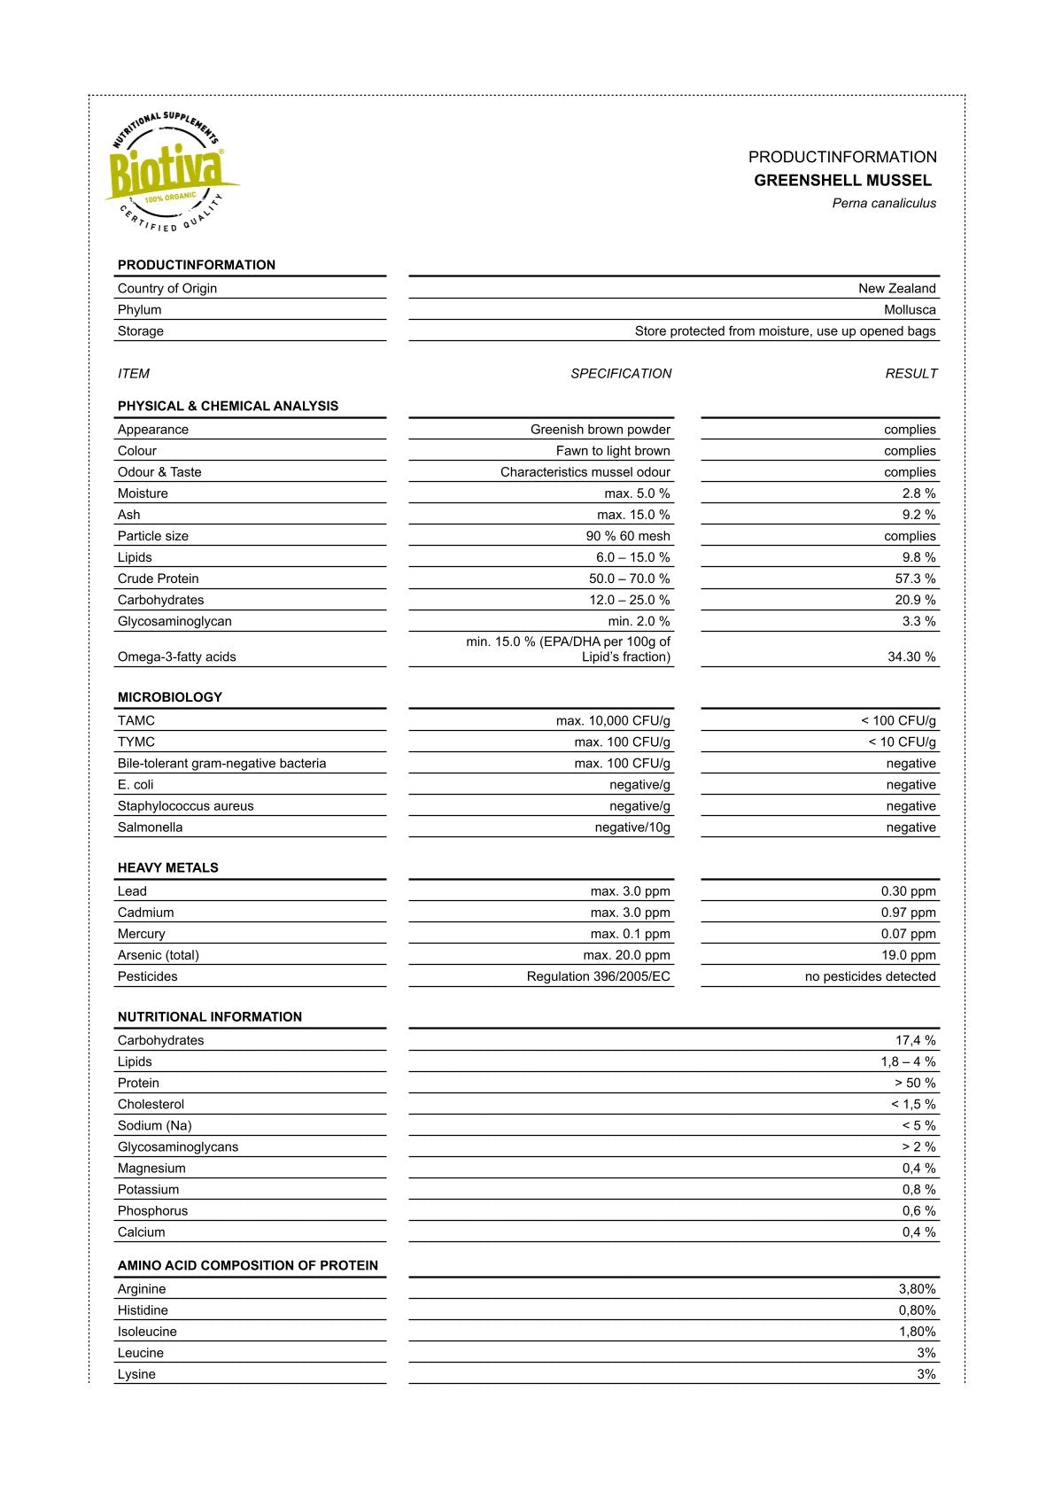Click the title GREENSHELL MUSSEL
click(842, 181)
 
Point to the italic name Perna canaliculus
click(883, 204)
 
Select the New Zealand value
click(896, 289)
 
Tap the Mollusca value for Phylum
click(910, 310)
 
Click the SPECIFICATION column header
click(621, 374)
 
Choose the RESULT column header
click(911, 374)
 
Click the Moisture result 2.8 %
click(918, 493)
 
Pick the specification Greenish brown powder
click(600, 430)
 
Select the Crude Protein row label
click(159, 579)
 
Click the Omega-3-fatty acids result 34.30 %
click(911, 657)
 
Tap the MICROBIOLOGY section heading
click(170, 697)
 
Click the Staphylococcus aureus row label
click(185, 806)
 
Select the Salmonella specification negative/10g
click(632, 828)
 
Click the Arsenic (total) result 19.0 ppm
click(908, 955)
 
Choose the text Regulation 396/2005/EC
click(598, 976)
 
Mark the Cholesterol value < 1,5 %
click(913, 1105)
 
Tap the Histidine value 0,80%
click(917, 1310)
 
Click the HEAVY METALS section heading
click(167, 868)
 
